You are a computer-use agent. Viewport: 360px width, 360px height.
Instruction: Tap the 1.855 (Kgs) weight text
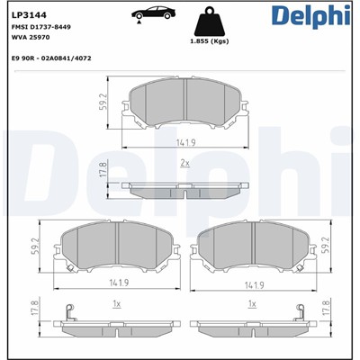[209, 43]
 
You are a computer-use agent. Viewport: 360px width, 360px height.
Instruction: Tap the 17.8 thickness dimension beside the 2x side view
[104, 171]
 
